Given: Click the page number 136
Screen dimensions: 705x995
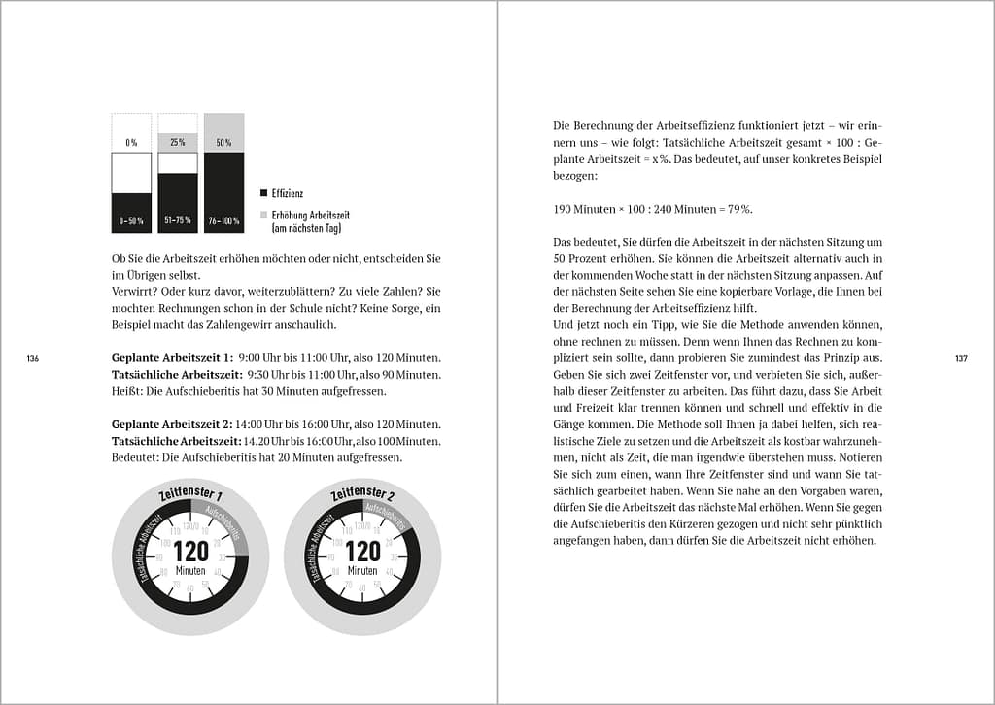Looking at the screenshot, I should tap(32, 359).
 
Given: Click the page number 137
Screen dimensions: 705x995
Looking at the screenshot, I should tap(960, 359).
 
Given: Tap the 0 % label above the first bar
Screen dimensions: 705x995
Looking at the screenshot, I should tap(131, 143).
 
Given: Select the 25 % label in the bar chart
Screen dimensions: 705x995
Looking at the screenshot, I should tap(178, 143).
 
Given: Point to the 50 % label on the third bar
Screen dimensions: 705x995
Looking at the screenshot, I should tap(223, 143).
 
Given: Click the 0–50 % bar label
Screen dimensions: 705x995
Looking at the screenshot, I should tap(131, 221).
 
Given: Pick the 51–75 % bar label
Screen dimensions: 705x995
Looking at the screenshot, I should tap(178, 221).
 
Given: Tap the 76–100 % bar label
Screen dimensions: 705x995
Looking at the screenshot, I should tap(223, 221).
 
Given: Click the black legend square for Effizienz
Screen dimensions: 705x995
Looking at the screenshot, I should tap(263, 194).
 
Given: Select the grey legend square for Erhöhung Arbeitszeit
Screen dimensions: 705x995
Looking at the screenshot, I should tap(263, 214).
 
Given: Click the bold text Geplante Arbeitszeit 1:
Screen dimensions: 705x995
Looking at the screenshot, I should tap(172, 357).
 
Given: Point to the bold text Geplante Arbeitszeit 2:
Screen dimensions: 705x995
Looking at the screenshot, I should tap(172, 424).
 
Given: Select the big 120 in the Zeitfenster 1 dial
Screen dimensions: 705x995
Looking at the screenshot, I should tap(190, 552).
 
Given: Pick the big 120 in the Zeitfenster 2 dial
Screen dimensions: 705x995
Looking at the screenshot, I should tap(362, 552).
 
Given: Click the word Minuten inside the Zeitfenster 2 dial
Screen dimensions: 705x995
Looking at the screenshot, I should tap(362, 571).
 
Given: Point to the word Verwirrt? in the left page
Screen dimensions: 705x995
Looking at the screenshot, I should tap(136, 291).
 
